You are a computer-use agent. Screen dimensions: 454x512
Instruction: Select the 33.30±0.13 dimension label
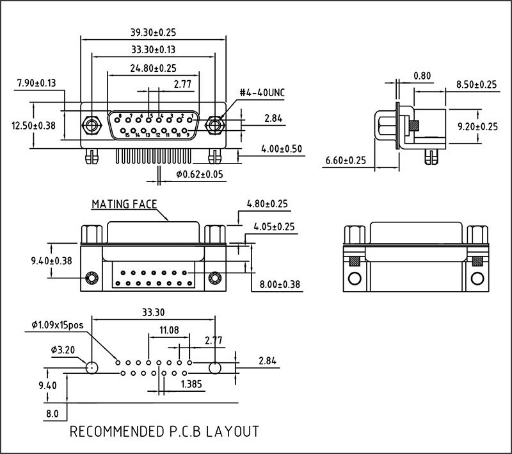tap(153, 49)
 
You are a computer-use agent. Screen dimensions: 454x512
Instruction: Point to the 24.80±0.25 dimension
tap(153, 68)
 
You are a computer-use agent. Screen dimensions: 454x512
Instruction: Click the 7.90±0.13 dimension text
tap(36, 83)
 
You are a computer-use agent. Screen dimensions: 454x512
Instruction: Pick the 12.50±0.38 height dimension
tap(33, 126)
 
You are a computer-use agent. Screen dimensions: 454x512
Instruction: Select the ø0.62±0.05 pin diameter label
tap(200, 174)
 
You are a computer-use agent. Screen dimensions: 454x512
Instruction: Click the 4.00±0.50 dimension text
tap(282, 149)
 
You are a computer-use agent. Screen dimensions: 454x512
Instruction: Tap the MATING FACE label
tap(124, 205)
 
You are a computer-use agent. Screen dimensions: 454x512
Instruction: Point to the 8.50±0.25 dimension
tap(476, 84)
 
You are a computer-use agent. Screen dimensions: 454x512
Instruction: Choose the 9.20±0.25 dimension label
tap(476, 127)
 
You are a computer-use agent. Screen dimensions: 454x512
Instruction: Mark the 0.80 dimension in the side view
tap(422, 76)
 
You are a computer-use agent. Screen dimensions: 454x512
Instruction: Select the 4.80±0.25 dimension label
tap(267, 205)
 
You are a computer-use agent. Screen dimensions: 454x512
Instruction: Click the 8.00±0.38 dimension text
tap(280, 284)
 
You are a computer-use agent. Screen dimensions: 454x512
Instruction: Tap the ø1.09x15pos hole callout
tap(58, 325)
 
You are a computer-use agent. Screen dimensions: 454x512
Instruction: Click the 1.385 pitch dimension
tap(193, 384)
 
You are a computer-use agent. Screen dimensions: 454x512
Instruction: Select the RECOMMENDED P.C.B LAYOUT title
tap(164, 431)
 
